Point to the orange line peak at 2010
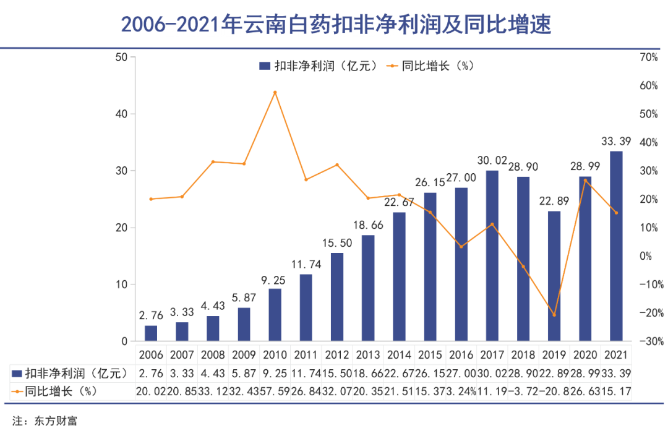[x=275, y=92]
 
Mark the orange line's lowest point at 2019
[x=554, y=315]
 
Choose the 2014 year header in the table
[x=399, y=356]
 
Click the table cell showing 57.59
[x=275, y=391]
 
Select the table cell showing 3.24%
[x=461, y=391]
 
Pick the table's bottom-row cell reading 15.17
[x=616, y=391]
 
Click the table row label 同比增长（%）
[x=62, y=391]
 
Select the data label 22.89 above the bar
[x=554, y=200]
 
